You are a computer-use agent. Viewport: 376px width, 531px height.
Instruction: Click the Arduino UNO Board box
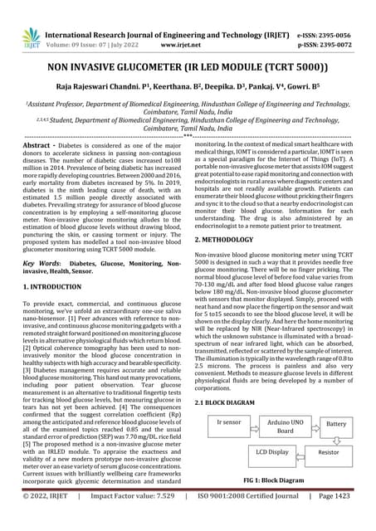point(285,426)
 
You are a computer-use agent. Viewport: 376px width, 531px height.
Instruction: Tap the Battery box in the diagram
point(336,423)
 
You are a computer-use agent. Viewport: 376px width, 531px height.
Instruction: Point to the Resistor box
point(329,453)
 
